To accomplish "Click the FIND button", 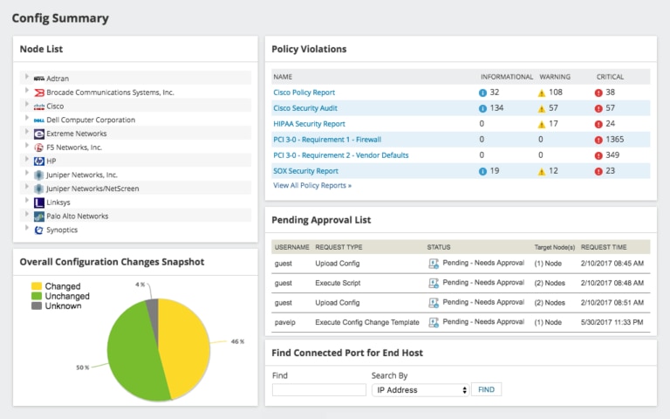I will point(486,390).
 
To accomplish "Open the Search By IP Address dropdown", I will point(420,390).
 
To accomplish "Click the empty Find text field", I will point(318,390).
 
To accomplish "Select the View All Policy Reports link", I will point(312,186).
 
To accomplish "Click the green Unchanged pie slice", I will point(126,349).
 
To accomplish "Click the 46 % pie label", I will point(237,342).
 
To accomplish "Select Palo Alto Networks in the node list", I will point(77,216).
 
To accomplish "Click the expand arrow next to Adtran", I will point(27,78).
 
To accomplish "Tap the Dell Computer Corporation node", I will point(91,120).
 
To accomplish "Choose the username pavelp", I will point(284,322).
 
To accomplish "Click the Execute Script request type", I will point(338,282).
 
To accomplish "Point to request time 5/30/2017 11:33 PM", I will point(612,322).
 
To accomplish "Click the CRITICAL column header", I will point(610,77).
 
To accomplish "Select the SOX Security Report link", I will point(305,171).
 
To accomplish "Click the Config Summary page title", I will point(61,17).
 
